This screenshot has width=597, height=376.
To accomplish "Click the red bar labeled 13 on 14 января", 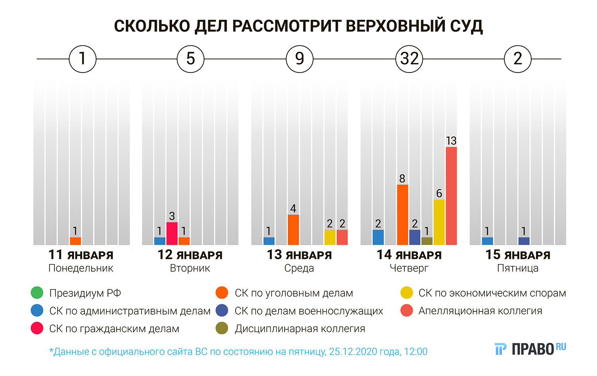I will pos(451,196).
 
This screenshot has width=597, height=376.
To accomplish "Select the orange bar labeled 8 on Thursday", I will pos(402,215).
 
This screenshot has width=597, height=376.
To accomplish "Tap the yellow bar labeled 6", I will pos(439,222).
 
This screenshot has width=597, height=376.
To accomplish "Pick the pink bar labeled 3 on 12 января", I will pos(172,233).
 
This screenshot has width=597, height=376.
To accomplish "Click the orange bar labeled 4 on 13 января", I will pos(293,230).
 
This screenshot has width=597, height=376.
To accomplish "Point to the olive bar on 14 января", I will pos(427,241).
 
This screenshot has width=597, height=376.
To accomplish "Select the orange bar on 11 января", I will pos(75,241).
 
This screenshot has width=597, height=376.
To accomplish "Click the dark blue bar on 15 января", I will pos(524,241).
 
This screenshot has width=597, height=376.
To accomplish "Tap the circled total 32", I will pos(409,59).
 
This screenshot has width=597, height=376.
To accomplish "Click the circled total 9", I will pos(300,59).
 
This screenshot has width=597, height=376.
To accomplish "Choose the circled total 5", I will pos(191,59).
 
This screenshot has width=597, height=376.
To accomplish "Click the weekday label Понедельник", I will pos(81,268).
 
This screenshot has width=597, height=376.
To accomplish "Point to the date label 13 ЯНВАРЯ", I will pos(299,255).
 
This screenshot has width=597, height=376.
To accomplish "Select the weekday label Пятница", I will pos(517,268).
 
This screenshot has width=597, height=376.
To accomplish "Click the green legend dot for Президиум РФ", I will pos(37,293).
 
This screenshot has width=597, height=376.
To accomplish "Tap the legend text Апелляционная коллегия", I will pos(480,311).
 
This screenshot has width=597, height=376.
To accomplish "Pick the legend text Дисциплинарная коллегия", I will pos(300,329).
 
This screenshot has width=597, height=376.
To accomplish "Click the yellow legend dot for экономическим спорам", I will pos(407,293).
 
